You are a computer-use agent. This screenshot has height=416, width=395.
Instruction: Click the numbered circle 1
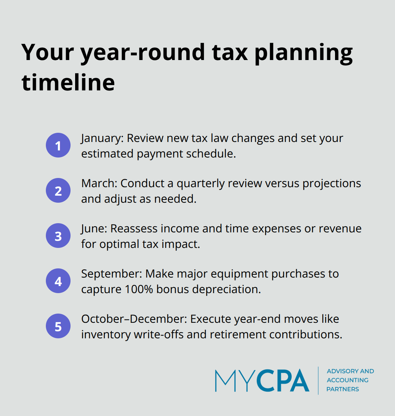click(x=58, y=145)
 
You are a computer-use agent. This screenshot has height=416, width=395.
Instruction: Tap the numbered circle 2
click(x=58, y=190)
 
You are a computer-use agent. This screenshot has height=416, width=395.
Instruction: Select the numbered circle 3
click(x=58, y=236)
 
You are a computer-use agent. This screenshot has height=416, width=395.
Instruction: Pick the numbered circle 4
click(x=58, y=281)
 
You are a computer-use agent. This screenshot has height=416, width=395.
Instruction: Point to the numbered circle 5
click(x=58, y=326)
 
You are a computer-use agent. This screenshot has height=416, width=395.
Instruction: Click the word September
click(x=111, y=274)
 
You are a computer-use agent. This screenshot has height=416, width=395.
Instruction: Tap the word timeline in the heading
click(x=68, y=83)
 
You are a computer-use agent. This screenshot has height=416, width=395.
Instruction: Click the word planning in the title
click(x=303, y=52)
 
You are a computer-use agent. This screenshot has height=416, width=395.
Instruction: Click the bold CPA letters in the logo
click(x=283, y=381)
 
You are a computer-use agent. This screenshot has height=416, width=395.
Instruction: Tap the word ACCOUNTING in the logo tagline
click(x=347, y=380)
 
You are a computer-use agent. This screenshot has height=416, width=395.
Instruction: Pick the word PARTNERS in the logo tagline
click(x=342, y=389)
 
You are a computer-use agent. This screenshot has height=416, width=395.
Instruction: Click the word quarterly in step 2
click(x=201, y=184)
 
